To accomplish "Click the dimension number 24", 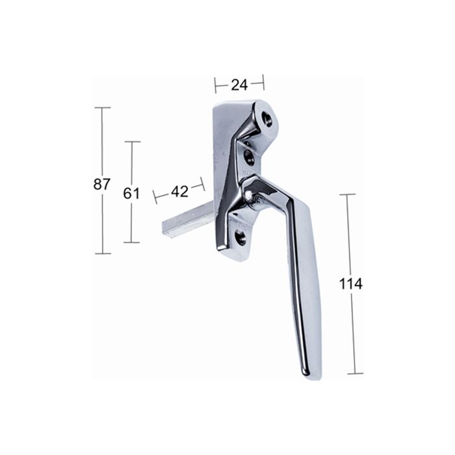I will coord(239,84).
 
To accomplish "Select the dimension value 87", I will coord(102,184).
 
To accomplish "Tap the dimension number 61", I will coord(132,193).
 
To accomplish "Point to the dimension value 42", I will coord(179,191).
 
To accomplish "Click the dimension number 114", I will coord(351,283).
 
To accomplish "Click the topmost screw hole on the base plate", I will coord(266,118).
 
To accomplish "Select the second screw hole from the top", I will coord(250,156).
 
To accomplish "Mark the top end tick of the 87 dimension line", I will coord(102,108).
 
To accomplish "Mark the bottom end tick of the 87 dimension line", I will coord(102,253).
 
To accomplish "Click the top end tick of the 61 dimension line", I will coord(132,142).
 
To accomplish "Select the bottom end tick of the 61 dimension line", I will coord(132,242).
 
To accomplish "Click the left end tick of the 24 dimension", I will coord(215,84).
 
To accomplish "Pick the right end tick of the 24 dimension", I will coord(263,82).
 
